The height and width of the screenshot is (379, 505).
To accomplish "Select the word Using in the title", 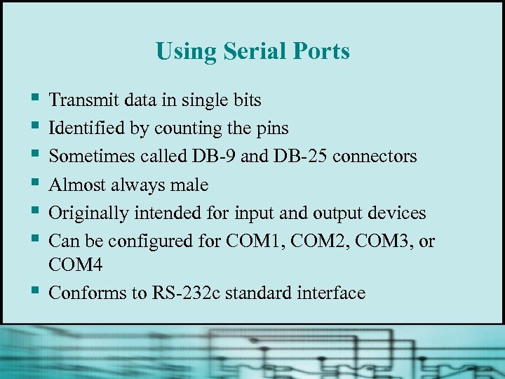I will (186, 52).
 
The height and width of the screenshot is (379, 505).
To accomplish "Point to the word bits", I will (245, 100).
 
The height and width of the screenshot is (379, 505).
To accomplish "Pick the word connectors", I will (375, 157).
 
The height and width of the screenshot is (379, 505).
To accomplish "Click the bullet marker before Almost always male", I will (34, 185).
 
